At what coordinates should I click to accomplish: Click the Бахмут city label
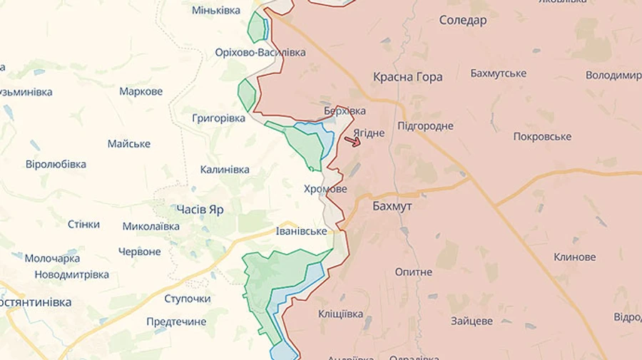click(392, 205)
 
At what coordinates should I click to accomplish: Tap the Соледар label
click(463, 20)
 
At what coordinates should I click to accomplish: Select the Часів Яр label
click(200, 210)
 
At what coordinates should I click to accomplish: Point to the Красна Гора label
click(407, 77)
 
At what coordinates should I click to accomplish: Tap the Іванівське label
click(302, 231)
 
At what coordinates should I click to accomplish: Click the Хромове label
click(325, 189)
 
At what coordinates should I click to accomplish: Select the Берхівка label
click(345, 110)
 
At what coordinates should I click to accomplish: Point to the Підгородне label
click(425, 126)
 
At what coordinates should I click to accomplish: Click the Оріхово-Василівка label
click(260, 53)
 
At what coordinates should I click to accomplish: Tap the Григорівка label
click(218, 118)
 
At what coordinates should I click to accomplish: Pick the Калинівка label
click(225, 170)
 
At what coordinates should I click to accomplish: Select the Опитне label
click(414, 272)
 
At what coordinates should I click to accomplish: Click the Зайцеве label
click(472, 321)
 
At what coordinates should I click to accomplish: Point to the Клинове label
click(575, 257)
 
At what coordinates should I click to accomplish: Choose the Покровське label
click(542, 136)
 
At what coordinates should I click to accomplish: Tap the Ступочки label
click(187, 299)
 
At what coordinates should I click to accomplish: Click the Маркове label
click(141, 91)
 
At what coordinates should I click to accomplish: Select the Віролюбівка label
click(56, 164)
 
